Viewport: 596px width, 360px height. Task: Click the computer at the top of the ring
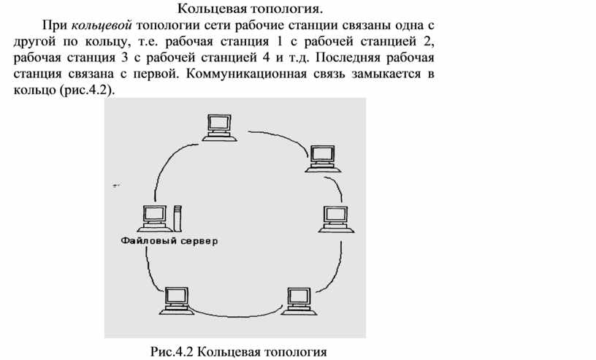coord(220,128)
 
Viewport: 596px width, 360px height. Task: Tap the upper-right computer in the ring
coord(323,159)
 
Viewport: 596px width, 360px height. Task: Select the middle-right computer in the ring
coord(336,219)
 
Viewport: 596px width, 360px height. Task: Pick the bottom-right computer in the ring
coord(299,301)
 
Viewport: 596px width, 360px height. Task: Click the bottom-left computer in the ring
coord(177,301)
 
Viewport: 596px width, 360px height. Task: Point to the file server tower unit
coord(177,218)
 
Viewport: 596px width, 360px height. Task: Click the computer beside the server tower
coord(155,218)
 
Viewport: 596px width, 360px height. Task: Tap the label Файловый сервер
coord(169,241)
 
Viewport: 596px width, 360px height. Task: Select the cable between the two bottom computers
coord(237,315)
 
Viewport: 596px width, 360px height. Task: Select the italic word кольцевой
coord(102,25)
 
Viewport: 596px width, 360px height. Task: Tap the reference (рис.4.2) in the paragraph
coord(87,91)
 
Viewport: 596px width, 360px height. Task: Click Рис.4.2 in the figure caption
coord(172,351)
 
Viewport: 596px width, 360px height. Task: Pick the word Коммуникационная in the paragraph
coord(246,74)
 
